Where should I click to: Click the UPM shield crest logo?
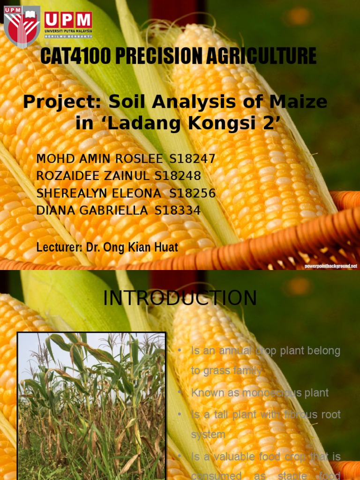coord(22,26)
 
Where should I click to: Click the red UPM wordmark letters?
coord(68,20)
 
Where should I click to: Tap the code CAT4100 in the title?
coord(75,56)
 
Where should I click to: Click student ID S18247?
coord(192,159)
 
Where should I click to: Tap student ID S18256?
coord(192,193)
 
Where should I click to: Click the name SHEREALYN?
coord(70,193)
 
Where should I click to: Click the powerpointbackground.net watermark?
coord(330,266)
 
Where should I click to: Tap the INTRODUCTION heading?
coord(180,299)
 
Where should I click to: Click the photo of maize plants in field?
coord(91,405)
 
